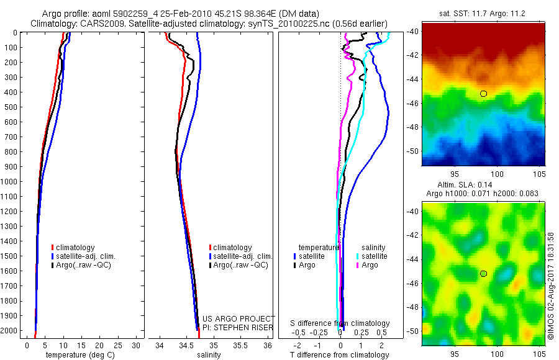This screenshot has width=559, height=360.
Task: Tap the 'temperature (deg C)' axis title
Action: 78,355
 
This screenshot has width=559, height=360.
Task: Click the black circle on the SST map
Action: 483,94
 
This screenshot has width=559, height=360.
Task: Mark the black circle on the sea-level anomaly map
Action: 483,274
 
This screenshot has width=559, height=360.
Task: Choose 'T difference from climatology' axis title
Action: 340,355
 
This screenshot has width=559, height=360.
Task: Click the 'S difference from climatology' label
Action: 340,323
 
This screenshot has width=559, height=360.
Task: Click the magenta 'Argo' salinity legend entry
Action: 370,265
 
